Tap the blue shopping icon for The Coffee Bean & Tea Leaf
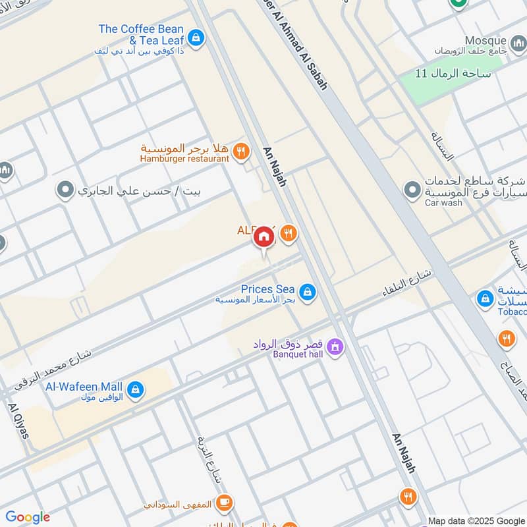pyautogui.click(x=195, y=38)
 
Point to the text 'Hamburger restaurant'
pyautogui.click(x=184, y=159)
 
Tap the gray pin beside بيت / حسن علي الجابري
pyautogui.click(x=65, y=192)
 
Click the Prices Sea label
pyautogui.click(x=267, y=289)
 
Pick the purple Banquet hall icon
pyautogui.click(x=335, y=346)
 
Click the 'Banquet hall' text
pyautogui.click(x=298, y=354)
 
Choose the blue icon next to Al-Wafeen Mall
pyautogui.click(x=135, y=390)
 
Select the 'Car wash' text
pyautogui.click(x=443, y=203)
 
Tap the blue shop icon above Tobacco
pyautogui.click(x=485, y=299)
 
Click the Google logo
pyautogui.click(x=28, y=517)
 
